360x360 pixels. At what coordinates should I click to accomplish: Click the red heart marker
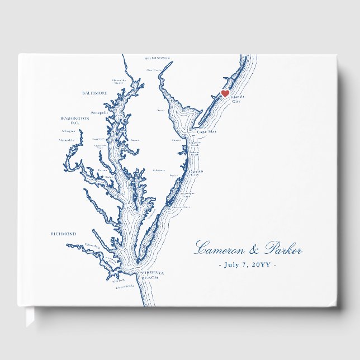(x=225, y=93)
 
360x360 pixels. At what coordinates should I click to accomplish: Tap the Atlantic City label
(x=236, y=99)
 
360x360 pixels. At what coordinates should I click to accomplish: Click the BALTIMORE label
(x=94, y=93)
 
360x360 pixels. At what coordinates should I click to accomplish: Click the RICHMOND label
(x=63, y=234)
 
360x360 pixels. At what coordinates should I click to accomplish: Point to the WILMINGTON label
(x=157, y=58)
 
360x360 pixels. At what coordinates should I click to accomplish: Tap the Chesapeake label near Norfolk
(x=125, y=286)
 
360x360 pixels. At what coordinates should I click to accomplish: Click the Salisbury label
(x=159, y=170)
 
